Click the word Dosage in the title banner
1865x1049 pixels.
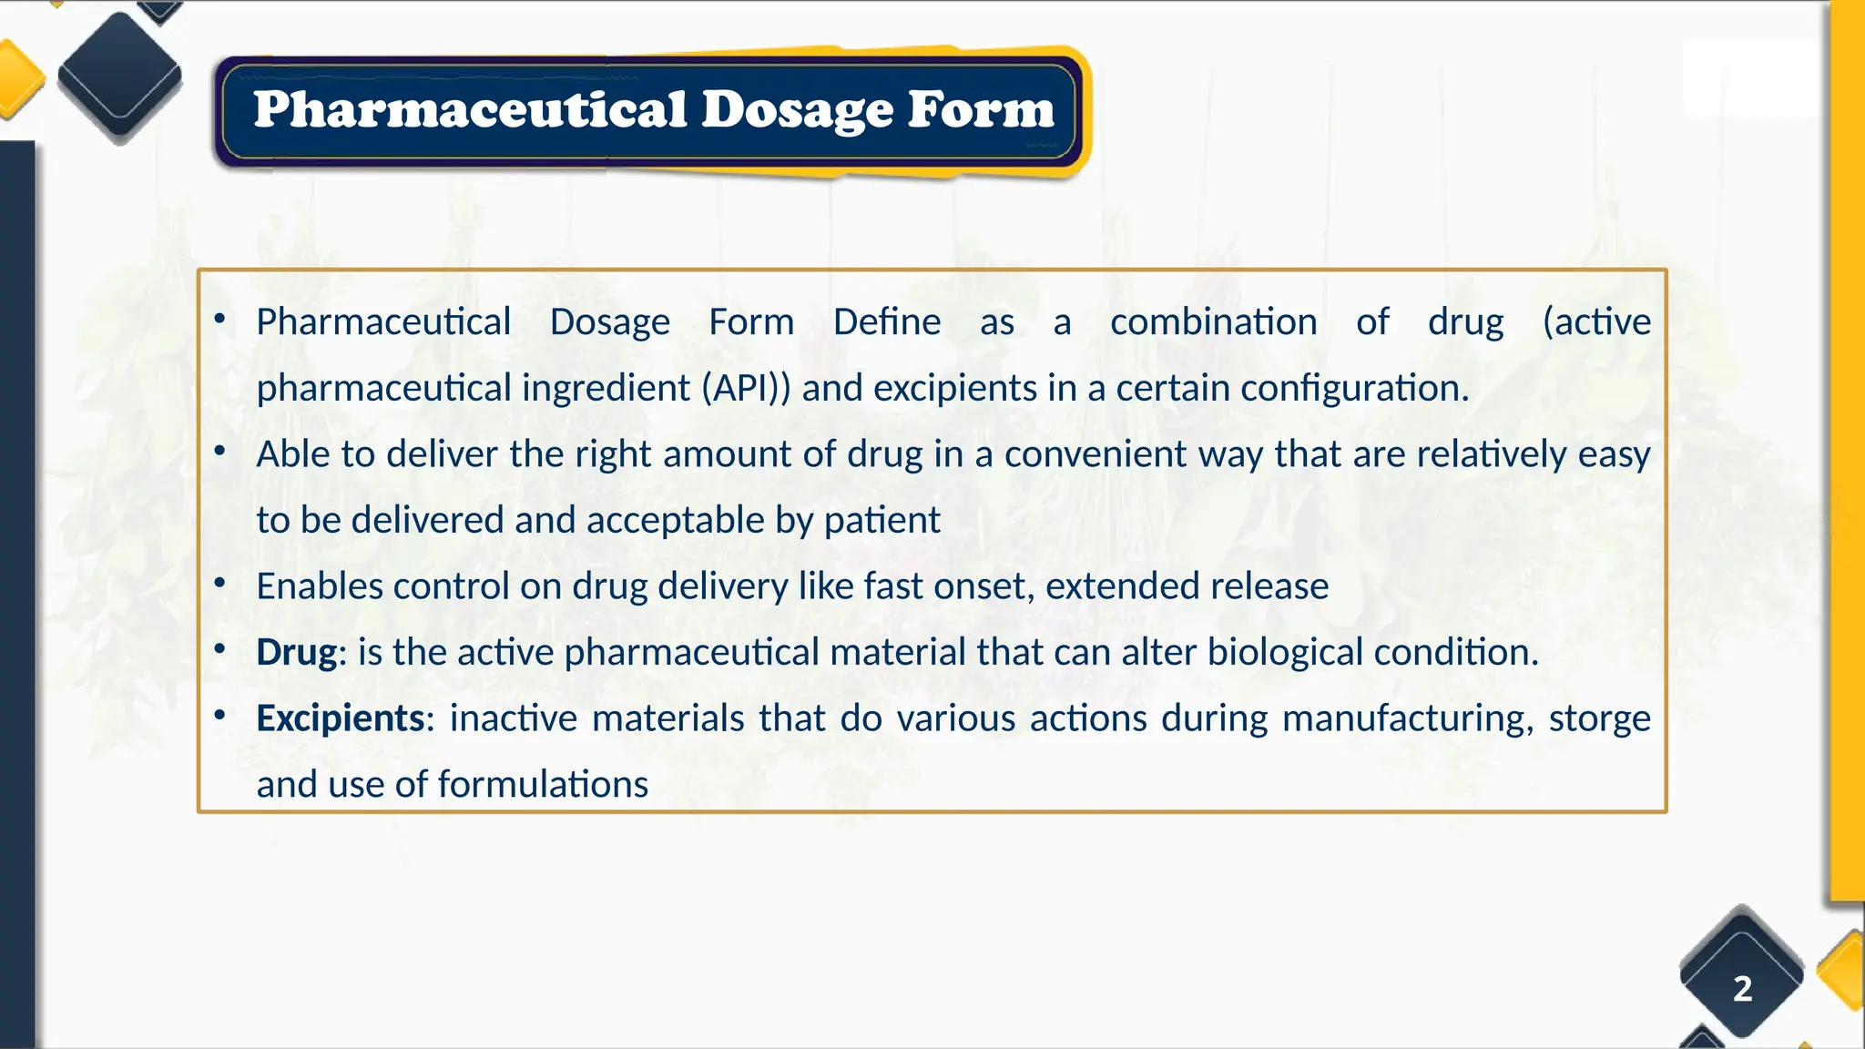click(x=797, y=110)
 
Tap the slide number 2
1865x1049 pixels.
click(x=1742, y=988)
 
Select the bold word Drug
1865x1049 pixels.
click(x=296, y=652)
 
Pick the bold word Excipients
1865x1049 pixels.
click(x=340, y=718)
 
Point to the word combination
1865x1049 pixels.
click(x=1213, y=321)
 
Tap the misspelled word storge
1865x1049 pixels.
click(x=1599, y=718)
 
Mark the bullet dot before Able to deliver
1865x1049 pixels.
click(x=219, y=451)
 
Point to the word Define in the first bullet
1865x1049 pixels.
click(x=886, y=321)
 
